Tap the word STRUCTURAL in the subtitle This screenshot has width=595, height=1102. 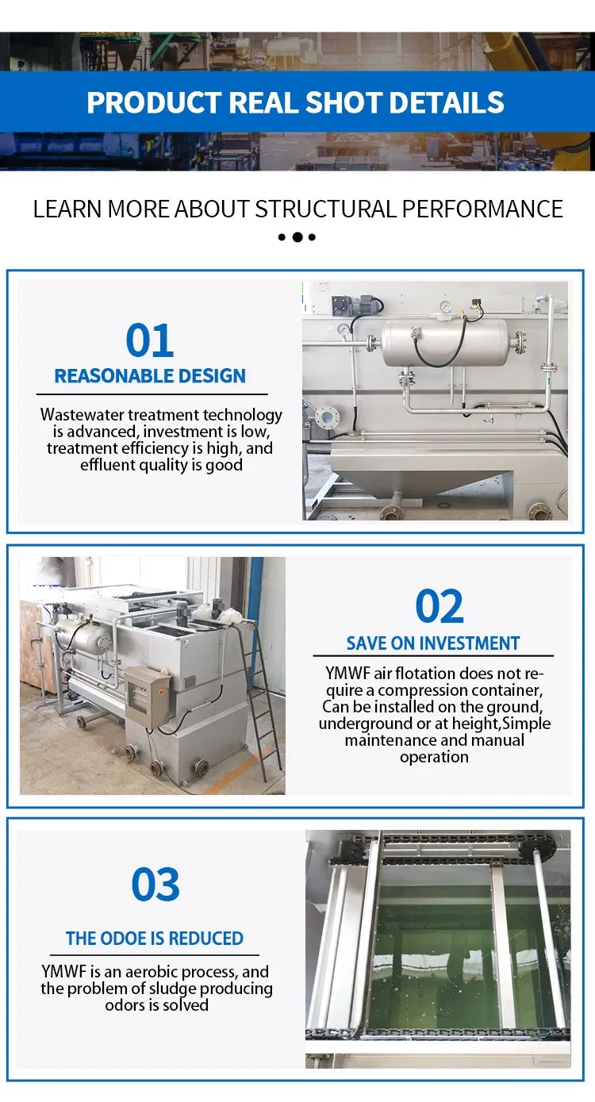(325, 209)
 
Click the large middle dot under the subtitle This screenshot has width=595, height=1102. (297, 237)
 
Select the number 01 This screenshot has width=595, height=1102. (150, 340)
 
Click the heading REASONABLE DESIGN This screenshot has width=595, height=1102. (150, 376)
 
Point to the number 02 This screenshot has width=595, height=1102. (440, 606)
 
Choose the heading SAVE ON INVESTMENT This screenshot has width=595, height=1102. (433, 643)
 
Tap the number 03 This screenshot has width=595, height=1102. (155, 885)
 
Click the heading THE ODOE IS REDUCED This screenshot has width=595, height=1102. (155, 939)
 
